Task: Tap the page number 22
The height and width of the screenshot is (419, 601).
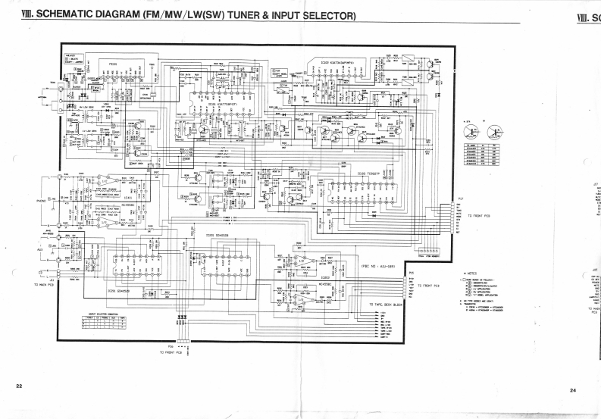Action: coord(18,386)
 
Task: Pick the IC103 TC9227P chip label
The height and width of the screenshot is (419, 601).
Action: coord(368,173)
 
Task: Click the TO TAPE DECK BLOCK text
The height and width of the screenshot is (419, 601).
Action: coord(387,304)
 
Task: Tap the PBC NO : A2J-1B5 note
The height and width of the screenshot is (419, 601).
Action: coord(378,266)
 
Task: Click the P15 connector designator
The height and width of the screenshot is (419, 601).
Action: coord(412,273)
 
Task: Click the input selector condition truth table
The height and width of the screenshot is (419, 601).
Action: coord(105,323)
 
